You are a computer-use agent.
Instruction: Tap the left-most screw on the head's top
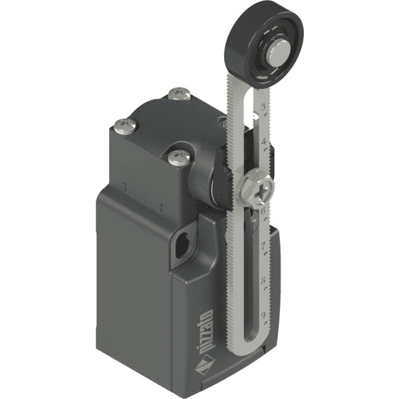pos(123,124)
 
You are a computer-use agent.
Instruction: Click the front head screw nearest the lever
pos(178,156)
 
